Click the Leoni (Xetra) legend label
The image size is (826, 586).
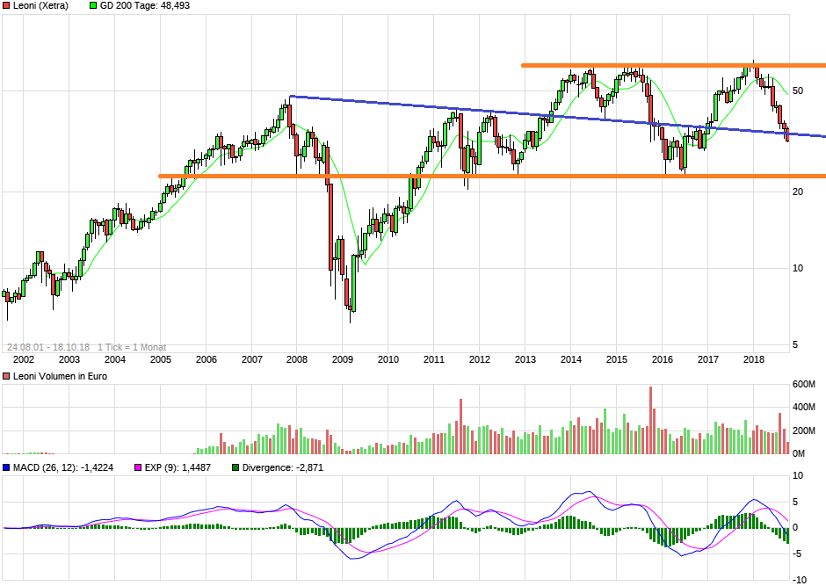tap(40, 5)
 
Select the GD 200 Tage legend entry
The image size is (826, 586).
tap(145, 5)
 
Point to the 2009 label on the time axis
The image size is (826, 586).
tap(343, 359)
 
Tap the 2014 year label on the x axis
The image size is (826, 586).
tap(571, 359)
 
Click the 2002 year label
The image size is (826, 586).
tap(23, 359)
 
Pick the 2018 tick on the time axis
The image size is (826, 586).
tap(754, 359)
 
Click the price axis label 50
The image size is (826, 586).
tap(799, 91)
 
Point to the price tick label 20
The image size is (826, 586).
tap(799, 192)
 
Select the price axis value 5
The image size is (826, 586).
tap(796, 345)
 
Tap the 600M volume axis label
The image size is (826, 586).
tap(804, 385)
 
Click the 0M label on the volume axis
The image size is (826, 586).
tap(800, 453)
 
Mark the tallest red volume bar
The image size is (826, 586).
tap(651, 420)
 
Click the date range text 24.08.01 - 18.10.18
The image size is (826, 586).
tap(48, 347)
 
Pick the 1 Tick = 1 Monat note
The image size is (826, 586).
tap(132, 347)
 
